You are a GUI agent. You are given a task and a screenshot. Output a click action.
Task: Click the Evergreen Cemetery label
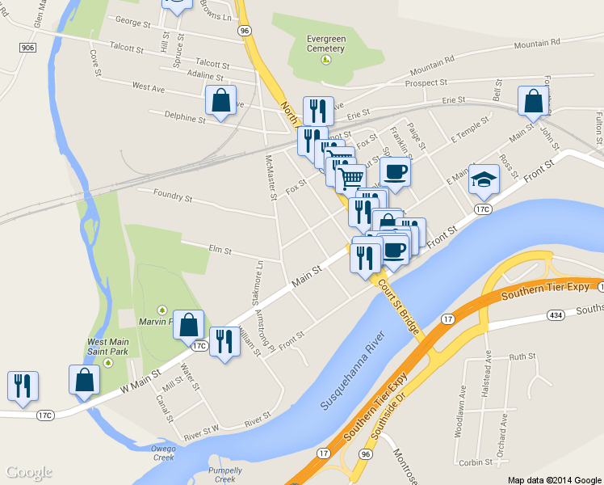click(x=325, y=43)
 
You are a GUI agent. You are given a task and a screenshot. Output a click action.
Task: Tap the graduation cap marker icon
click(x=483, y=180)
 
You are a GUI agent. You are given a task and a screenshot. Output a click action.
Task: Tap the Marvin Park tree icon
click(x=161, y=310)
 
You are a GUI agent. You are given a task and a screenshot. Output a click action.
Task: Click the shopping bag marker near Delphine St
click(x=220, y=101)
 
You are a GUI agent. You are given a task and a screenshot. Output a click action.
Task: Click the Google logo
click(x=29, y=472)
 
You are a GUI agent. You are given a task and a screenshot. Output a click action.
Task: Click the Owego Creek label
click(x=163, y=453)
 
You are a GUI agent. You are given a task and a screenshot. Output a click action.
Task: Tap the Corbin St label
click(x=475, y=462)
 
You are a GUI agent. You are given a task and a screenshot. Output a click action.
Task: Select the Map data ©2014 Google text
click(x=555, y=479)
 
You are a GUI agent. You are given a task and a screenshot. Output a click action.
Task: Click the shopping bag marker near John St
click(x=533, y=103)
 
